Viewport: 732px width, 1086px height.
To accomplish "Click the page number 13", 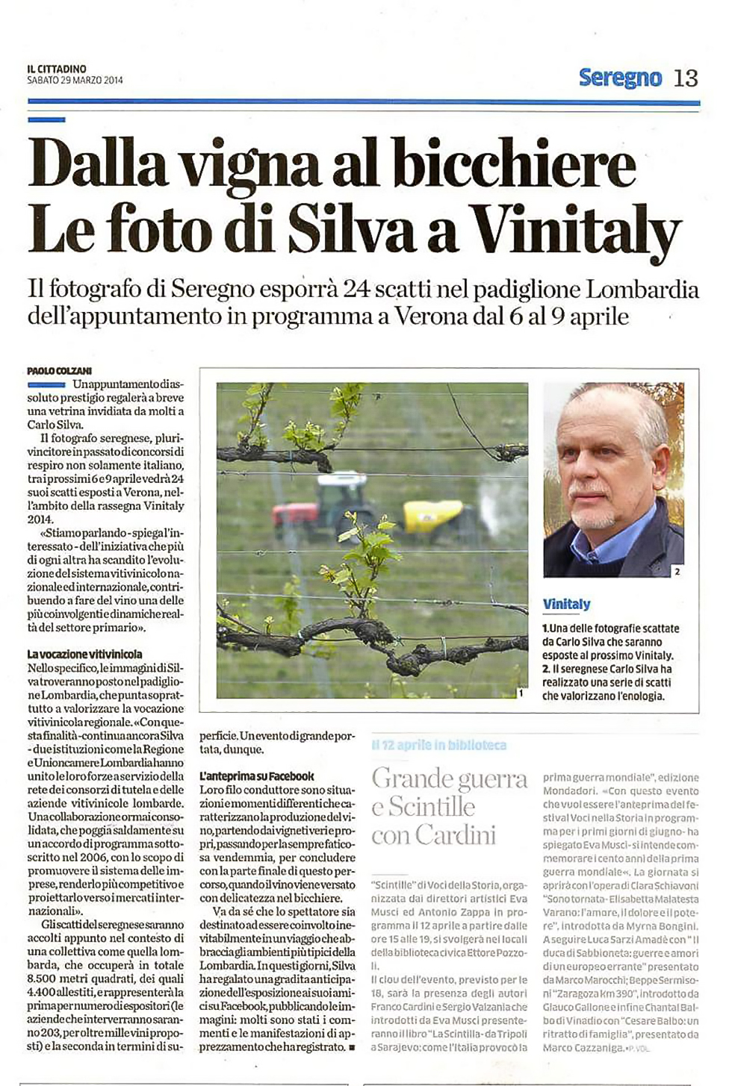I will [x=686, y=78].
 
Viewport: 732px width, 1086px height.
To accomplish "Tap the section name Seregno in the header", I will [x=620, y=78].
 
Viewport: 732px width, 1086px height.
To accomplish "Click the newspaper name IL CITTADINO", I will [x=56, y=69].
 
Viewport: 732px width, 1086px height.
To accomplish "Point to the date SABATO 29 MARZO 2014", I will [x=75, y=81].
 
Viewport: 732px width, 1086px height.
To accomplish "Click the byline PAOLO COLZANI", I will [x=60, y=371].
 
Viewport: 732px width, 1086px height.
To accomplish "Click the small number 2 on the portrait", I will [x=677, y=572].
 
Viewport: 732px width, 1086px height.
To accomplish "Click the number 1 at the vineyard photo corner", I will [x=520, y=693].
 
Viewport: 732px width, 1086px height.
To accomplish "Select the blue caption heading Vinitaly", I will [x=566, y=604].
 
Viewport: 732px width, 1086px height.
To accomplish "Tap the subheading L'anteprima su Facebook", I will [x=257, y=776].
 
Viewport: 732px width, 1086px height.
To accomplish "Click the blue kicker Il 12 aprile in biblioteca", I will [x=438, y=745].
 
